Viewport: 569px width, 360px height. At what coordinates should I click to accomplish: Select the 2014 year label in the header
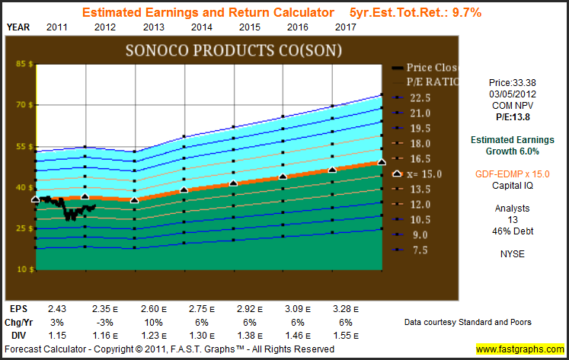[202, 27]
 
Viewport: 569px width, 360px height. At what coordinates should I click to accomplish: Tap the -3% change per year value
[104, 323]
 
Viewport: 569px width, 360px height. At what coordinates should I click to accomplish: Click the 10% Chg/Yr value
[152, 323]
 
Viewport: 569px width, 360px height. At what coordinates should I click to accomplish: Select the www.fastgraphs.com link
[521, 349]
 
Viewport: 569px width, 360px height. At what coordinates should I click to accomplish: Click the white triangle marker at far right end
[382, 162]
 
